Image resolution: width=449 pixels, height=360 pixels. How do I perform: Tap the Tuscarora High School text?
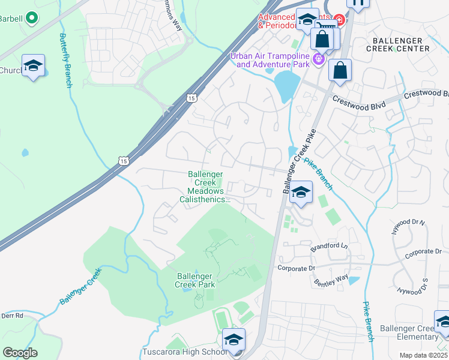(184, 352)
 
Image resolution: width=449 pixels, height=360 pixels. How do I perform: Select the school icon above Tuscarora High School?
(234, 340)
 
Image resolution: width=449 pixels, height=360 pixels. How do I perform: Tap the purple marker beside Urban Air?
(318, 59)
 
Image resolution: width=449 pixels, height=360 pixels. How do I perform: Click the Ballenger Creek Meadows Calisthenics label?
(205, 187)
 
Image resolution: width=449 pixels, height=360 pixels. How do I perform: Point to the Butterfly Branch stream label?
(65, 61)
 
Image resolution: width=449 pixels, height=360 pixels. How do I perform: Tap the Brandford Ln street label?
(328, 247)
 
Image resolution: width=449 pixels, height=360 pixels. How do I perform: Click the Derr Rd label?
(11, 316)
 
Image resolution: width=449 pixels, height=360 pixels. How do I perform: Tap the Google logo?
(20, 353)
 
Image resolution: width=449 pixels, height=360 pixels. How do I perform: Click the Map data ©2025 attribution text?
(423, 355)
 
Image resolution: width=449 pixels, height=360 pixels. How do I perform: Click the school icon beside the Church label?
(33, 66)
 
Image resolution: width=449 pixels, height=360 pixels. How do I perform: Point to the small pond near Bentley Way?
(354, 280)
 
